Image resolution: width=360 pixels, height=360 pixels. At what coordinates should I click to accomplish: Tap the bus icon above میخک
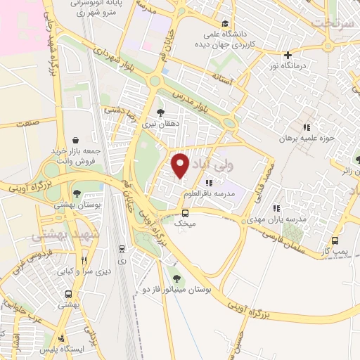click(x=185, y=213)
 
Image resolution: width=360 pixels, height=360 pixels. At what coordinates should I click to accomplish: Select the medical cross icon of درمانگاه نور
click(x=288, y=55)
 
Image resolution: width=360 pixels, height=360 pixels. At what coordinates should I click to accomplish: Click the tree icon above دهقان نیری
click(x=161, y=112)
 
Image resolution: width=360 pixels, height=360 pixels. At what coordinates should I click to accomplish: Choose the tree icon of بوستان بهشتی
click(x=77, y=193)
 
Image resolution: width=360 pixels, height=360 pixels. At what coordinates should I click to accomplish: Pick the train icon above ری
click(x=122, y=248)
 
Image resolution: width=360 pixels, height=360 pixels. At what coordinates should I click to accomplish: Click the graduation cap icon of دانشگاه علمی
click(x=224, y=24)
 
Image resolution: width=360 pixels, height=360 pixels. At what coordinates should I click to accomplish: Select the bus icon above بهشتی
click(x=68, y=295)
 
